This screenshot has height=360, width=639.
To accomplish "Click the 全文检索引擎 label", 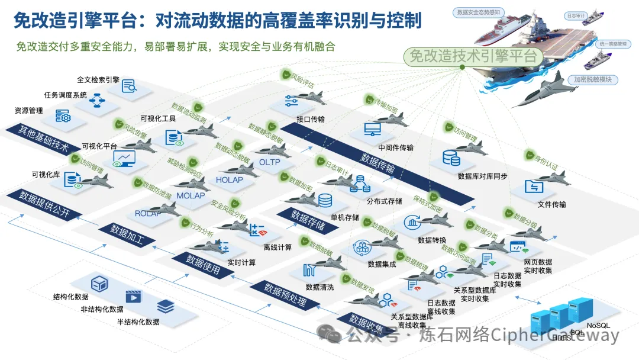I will coord(98,79).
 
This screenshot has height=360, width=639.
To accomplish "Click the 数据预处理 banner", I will coord(285,296).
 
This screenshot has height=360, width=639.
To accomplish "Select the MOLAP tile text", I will coord(191,195).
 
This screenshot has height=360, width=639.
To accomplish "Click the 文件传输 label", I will coord(551,204).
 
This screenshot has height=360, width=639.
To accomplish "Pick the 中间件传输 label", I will coord(396,147).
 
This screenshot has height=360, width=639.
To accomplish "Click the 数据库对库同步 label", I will coord(482,176).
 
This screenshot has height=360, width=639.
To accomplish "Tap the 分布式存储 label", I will coord(384,201).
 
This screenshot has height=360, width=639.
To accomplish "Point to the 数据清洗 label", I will coord(319,287).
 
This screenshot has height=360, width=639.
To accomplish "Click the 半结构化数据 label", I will coord(138,322).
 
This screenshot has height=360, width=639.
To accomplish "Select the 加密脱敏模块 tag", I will coord(592,79).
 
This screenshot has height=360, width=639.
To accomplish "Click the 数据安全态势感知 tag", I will coord(479,11).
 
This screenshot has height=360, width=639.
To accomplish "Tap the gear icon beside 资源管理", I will coord(63,116).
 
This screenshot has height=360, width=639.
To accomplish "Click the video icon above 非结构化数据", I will coord(134,296).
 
